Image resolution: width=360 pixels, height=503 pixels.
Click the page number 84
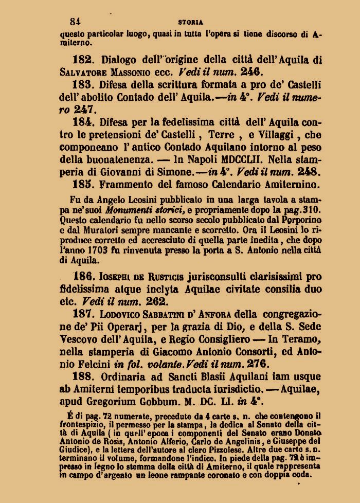[x=76, y=22]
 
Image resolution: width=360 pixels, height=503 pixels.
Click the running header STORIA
[x=190, y=22]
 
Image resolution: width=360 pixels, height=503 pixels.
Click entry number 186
[x=84, y=276]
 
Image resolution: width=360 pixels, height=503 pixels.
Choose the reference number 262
[x=155, y=301]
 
